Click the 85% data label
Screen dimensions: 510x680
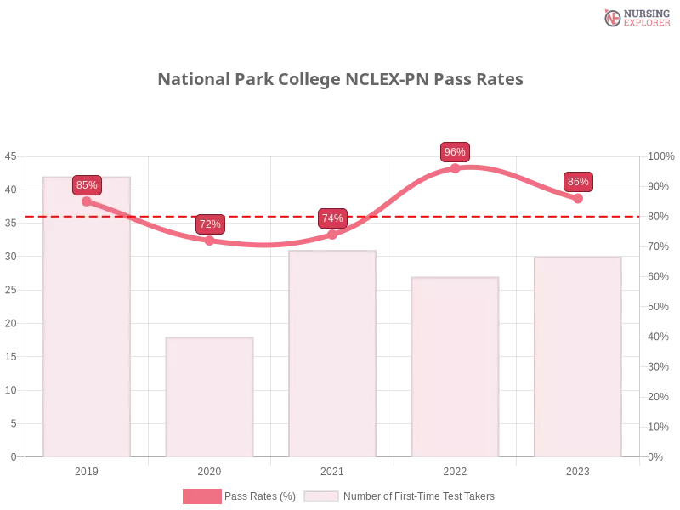(87, 184)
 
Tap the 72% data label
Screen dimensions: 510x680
(210, 224)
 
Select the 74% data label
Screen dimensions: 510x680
(332, 218)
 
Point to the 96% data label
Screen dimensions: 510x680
(455, 152)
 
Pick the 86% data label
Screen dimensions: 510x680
(578, 181)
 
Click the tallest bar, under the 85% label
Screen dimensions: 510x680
(88, 323)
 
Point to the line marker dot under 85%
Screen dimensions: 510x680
(87, 201)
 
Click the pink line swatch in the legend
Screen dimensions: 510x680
(201, 496)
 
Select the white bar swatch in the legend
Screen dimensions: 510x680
(321, 496)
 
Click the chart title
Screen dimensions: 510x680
(340, 80)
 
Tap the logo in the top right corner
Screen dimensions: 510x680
(635, 17)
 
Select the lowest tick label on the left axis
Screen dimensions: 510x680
(12, 456)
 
